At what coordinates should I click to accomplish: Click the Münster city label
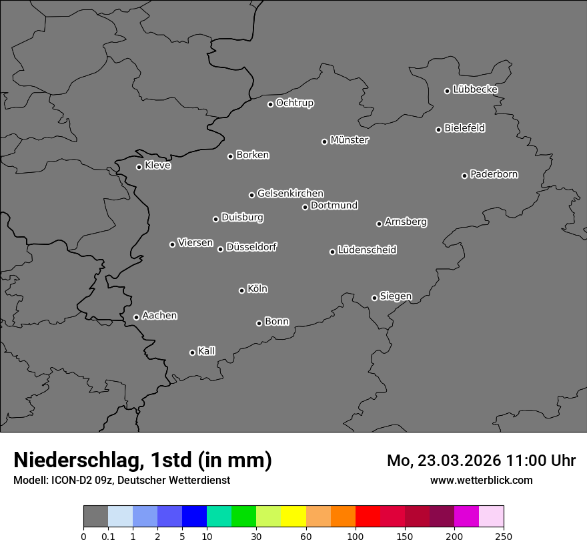click(x=350, y=140)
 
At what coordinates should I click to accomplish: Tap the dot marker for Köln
click(x=241, y=290)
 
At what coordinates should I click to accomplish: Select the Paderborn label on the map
click(x=494, y=174)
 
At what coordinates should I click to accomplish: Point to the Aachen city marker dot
click(x=136, y=317)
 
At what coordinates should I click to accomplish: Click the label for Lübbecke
click(x=476, y=89)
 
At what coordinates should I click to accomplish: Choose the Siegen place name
click(x=396, y=296)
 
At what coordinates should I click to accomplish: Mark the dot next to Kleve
click(x=139, y=167)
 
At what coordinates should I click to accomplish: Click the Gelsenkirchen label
click(x=290, y=194)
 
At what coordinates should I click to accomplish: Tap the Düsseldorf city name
click(x=251, y=247)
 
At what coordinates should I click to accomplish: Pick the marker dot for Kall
click(x=192, y=352)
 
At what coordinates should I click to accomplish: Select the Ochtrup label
click(x=295, y=103)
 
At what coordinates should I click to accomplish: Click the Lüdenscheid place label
click(x=367, y=250)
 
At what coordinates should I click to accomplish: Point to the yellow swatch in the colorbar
click(x=293, y=517)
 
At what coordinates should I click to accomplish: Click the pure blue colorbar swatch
click(x=194, y=517)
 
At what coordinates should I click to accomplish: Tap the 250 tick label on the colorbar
click(x=504, y=537)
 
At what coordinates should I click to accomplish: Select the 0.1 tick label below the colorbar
click(x=108, y=537)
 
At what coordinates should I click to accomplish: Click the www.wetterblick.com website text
click(x=481, y=480)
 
